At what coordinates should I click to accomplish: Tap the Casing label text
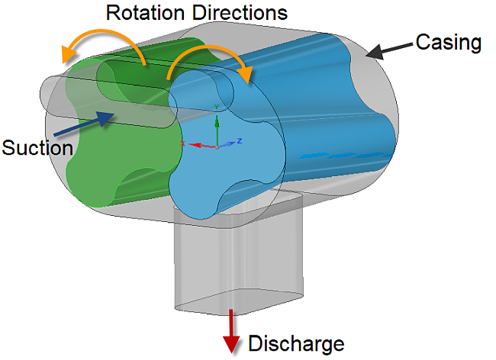(x=449, y=43)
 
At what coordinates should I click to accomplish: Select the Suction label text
(x=36, y=147)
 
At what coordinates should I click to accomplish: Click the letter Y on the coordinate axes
(x=217, y=106)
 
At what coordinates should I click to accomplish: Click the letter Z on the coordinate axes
(x=240, y=141)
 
